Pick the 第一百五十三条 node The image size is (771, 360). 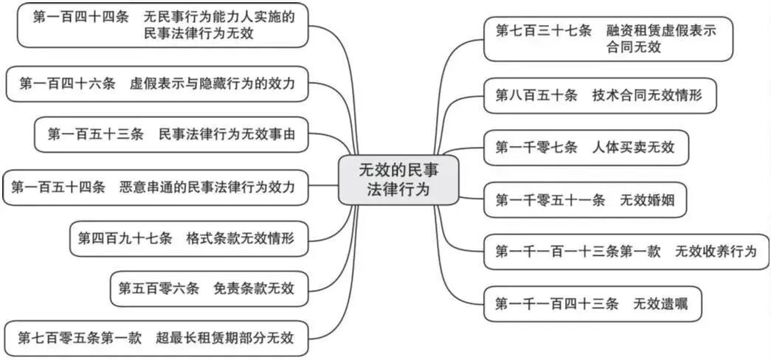(171, 134)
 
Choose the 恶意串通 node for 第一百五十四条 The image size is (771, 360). (155, 187)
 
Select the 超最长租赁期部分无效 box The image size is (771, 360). (156, 339)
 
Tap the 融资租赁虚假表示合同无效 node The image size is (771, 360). (607, 38)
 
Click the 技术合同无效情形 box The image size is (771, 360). (599, 96)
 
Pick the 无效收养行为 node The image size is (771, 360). (626, 252)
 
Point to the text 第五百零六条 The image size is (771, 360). (159, 288)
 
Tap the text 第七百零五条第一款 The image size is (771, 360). (79, 339)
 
